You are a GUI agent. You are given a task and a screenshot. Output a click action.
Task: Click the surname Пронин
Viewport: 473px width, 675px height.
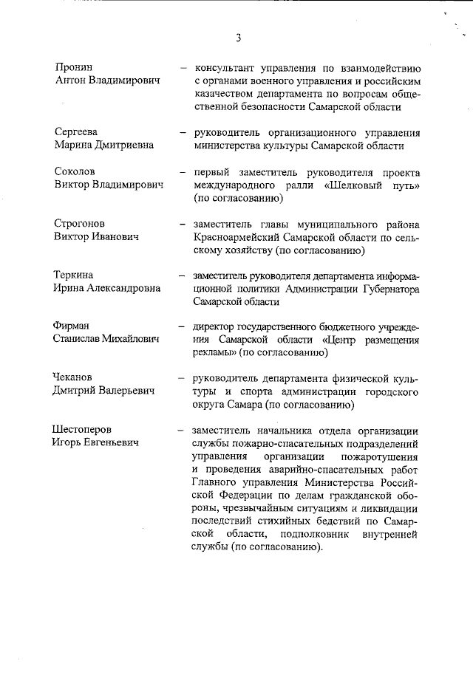[x=74, y=67]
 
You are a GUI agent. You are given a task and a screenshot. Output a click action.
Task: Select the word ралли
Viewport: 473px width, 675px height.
[x=297, y=185]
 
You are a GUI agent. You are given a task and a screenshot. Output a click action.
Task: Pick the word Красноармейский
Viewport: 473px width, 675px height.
[x=243, y=238]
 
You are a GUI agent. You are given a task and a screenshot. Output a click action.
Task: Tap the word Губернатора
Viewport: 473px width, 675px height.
[x=387, y=289]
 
